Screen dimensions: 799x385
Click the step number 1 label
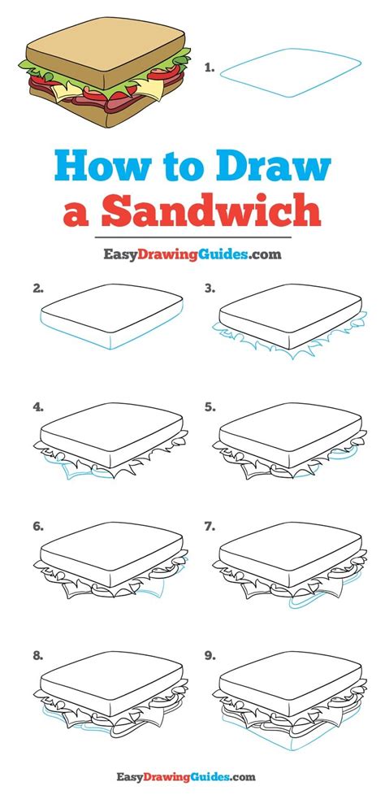(x=210, y=69)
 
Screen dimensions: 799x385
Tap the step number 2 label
(x=37, y=288)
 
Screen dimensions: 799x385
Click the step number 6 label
(x=37, y=526)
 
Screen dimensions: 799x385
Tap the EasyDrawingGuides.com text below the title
(x=192, y=254)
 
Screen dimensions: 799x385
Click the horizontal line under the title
(x=192, y=237)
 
